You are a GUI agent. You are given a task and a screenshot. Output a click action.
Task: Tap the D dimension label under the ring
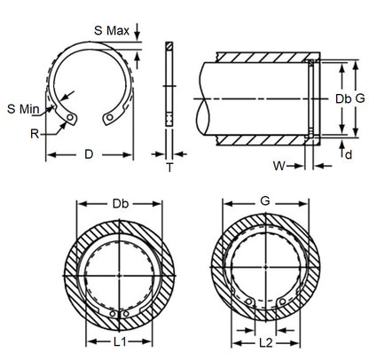pyautogui.click(x=88, y=154)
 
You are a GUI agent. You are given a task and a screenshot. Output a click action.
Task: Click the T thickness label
pyautogui.click(x=169, y=167)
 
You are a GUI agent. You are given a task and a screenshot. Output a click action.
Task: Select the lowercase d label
pyautogui.click(x=347, y=154)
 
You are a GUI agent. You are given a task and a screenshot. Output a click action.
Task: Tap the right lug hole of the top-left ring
pyautogui.click(x=109, y=115)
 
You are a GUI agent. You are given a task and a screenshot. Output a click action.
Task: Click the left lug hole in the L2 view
pyautogui.click(x=249, y=303)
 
